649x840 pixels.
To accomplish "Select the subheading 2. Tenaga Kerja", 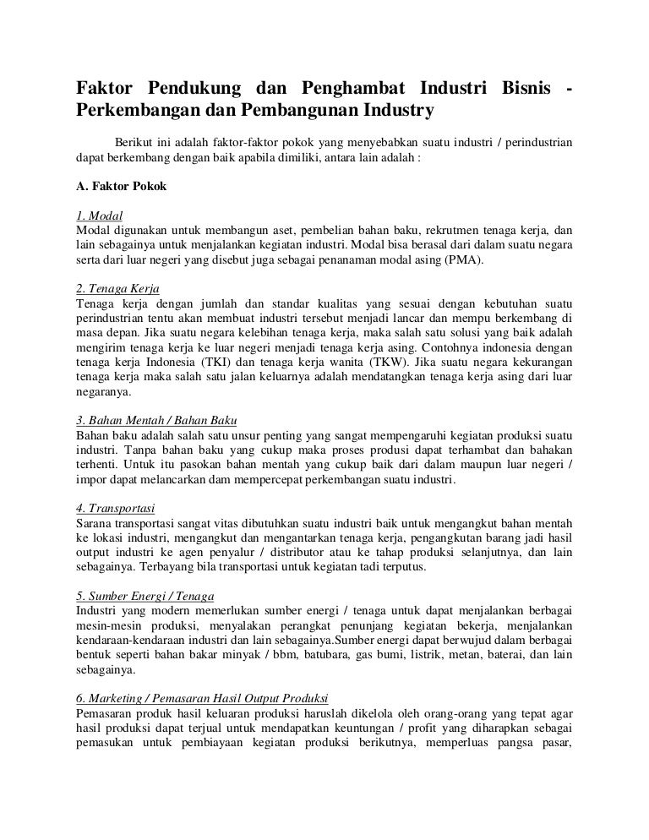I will [117, 288].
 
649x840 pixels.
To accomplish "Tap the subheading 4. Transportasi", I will [114, 506].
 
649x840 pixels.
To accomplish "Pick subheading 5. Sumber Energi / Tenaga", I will [145, 594].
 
